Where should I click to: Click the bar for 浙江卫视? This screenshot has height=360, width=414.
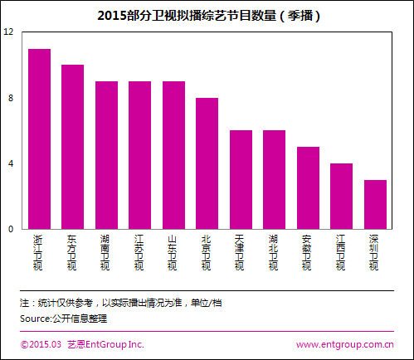39,139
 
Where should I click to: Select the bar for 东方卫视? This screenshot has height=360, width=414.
72,147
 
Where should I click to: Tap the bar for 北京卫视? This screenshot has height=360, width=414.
207,163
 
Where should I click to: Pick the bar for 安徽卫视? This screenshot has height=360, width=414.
308,187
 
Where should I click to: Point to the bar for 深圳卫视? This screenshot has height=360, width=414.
375,204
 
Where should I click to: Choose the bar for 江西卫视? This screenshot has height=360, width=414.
341,196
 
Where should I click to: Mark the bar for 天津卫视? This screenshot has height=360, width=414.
241,179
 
